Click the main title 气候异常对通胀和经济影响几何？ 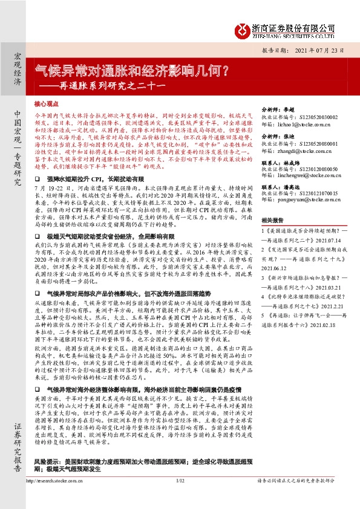131,70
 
